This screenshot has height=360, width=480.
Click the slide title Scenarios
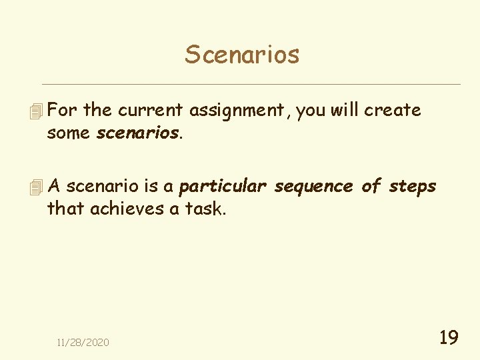[242, 54]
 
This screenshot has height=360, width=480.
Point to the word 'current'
[151, 110]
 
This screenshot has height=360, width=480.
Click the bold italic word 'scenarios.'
[139, 133]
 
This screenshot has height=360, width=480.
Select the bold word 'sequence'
[313, 187]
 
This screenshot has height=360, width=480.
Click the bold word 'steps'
[412, 187]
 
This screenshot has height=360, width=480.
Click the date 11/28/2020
[83, 343]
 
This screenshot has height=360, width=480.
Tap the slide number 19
[449, 338]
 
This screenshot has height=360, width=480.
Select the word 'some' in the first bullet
[69, 133]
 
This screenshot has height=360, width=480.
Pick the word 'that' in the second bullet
[65, 209]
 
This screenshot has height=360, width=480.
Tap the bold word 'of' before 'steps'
[370, 187]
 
